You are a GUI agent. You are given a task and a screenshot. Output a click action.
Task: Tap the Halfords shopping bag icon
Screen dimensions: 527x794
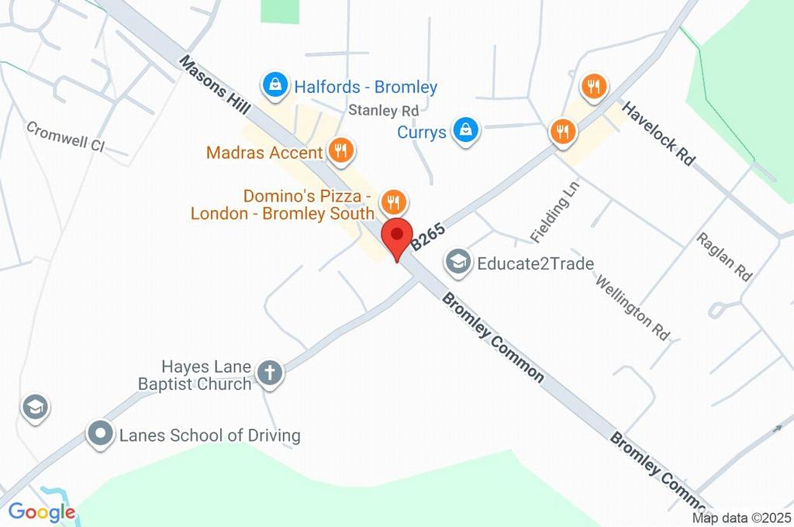click(274, 86)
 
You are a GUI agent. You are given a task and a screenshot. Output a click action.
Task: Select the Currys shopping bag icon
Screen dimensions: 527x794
click(465, 131)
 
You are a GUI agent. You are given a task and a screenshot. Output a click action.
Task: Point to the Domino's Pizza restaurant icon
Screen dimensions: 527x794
click(394, 203)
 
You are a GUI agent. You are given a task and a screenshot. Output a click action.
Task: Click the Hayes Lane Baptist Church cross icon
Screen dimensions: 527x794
click(271, 373)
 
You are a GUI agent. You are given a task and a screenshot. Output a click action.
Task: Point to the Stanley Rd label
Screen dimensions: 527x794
click(383, 110)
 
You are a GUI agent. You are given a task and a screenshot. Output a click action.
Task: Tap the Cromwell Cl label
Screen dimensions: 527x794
click(65, 136)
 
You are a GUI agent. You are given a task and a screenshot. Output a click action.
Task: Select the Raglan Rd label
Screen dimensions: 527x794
click(724, 256)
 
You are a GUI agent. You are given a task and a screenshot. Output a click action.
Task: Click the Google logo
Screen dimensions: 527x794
click(42, 511)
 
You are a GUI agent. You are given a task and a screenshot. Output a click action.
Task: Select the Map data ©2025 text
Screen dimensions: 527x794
click(741, 518)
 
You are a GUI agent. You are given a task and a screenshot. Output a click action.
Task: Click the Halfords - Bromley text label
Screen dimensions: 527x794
click(365, 87)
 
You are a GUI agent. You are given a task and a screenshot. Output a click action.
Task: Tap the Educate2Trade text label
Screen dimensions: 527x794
click(535, 263)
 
